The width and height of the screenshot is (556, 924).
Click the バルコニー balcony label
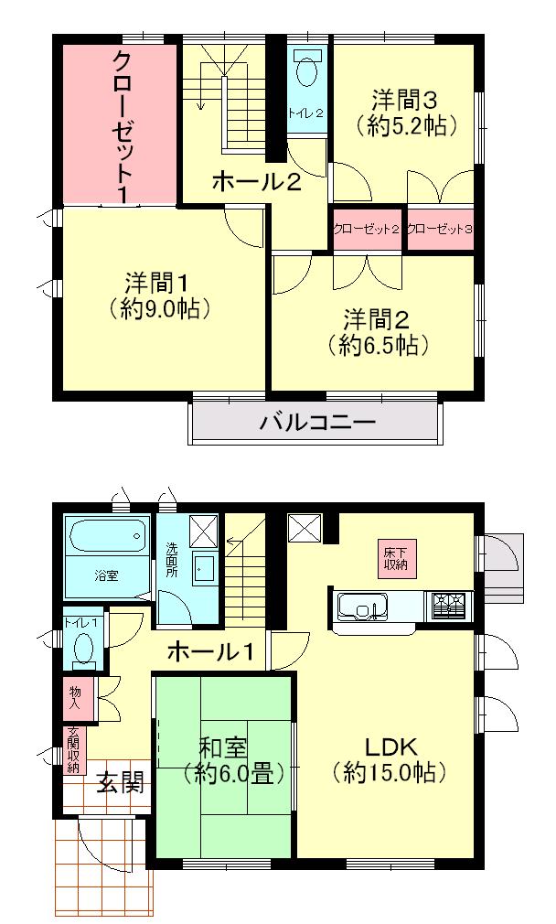[x=316, y=423]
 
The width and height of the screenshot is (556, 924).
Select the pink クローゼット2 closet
[x=366, y=229]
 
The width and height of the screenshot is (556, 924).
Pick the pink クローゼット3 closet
[x=441, y=229]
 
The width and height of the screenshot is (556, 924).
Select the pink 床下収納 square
[x=396, y=560]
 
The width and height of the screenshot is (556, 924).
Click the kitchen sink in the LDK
[x=363, y=606]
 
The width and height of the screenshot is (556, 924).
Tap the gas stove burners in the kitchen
[x=448, y=606]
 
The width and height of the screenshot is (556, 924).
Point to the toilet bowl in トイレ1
[x=83, y=650]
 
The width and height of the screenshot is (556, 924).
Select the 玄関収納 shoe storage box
[x=72, y=750]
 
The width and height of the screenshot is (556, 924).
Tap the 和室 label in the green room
[x=223, y=747]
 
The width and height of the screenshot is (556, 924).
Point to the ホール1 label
[x=209, y=652]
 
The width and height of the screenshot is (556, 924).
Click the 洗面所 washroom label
[x=171, y=559]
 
